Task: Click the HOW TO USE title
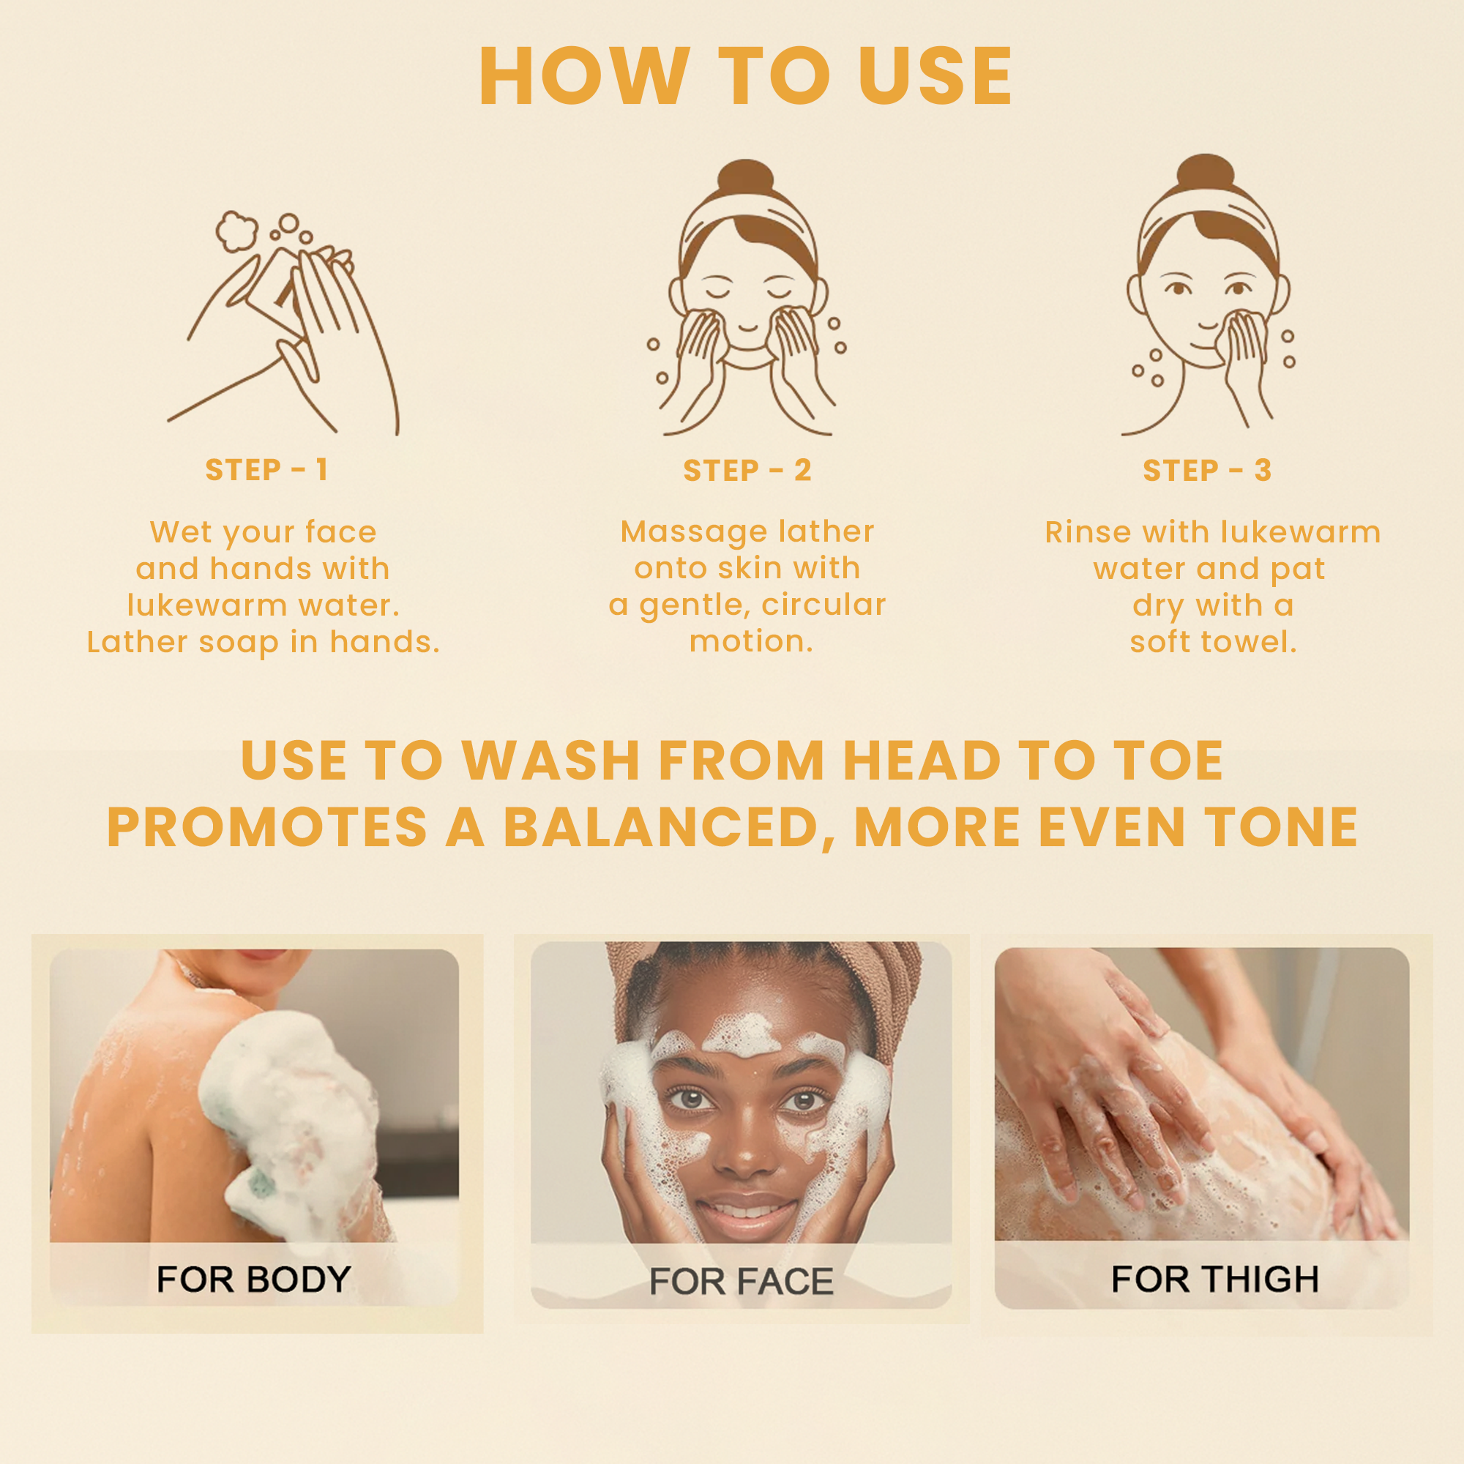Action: click(746, 76)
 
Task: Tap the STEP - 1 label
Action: click(266, 470)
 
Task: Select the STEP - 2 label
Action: click(747, 471)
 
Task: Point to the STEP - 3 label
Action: click(1207, 471)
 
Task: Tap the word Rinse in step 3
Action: click(1088, 532)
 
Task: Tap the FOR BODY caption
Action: click(254, 1279)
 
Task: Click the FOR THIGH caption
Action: click(1214, 1279)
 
